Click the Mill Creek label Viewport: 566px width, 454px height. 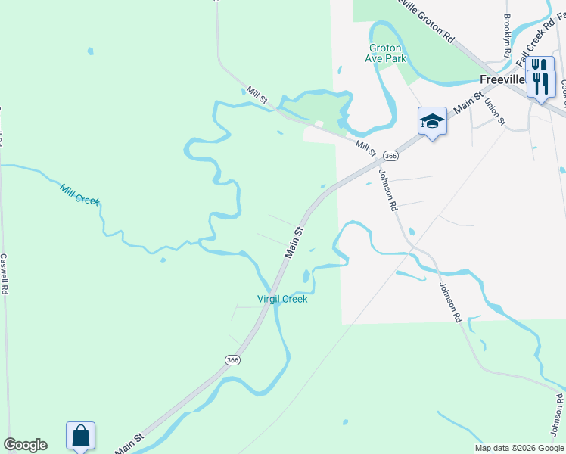click(x=79, y=194)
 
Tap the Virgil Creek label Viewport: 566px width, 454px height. click(x=282, y=299)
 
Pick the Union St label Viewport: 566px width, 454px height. click(x=495, y=110)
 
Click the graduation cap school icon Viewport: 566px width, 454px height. click(x=431, y=121)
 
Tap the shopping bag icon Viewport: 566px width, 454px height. click(x=80, y=437)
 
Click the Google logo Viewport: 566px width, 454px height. click(x=25, y=445)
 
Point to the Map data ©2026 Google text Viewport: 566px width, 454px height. click(x=520, y=448)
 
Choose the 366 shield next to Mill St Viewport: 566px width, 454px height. click(x=390, y=155)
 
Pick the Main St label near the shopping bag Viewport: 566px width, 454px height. click(x=129, y=444)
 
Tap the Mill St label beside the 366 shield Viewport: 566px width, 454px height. click(x=366, y=149)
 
